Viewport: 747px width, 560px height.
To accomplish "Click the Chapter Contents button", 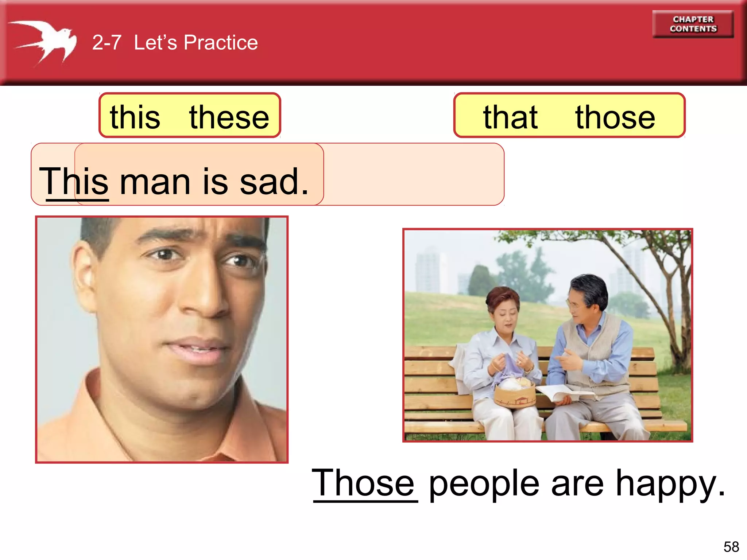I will click(x=693, y=24).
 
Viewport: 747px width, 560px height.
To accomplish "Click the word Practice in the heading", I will click(x=220, y=43).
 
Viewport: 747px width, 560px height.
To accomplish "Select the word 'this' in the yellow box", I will click(x=135, y=117).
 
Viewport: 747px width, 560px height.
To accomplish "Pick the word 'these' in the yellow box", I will click(x=229, y=117).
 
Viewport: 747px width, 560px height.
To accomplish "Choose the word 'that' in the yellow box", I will click(x=510, y=117).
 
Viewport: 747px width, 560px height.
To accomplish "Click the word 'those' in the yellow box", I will click(x=615, y=117).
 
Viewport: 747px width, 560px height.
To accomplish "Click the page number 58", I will click(x=731, y=547).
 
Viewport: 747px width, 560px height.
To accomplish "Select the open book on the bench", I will click(x=562, y=394).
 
